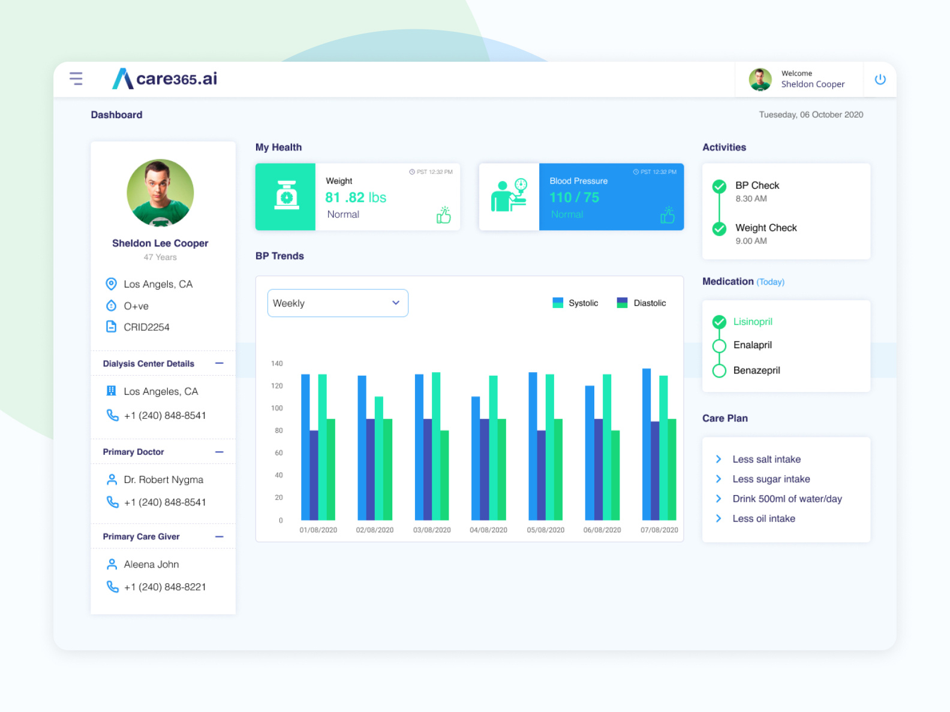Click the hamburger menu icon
point(76,79)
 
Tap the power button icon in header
point(880,79)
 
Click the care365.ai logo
point(165,79)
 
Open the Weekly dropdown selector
point(338,303)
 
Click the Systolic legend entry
point(575,303)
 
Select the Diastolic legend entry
point(641,303)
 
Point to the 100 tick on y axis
point(277,408)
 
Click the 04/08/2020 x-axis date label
point(488,530)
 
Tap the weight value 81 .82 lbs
point(356,198)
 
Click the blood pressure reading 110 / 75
point(574,198)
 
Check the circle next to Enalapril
point(719,346)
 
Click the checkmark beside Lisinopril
point(719,322)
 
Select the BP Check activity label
point(757,186)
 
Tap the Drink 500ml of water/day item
point(787,499)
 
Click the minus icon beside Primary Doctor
point(220,452)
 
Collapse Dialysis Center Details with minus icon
point(220,363)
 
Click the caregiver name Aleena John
point(151,565)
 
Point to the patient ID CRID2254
point(146,327)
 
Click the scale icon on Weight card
point(286,196)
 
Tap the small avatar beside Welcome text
point(760,79)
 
